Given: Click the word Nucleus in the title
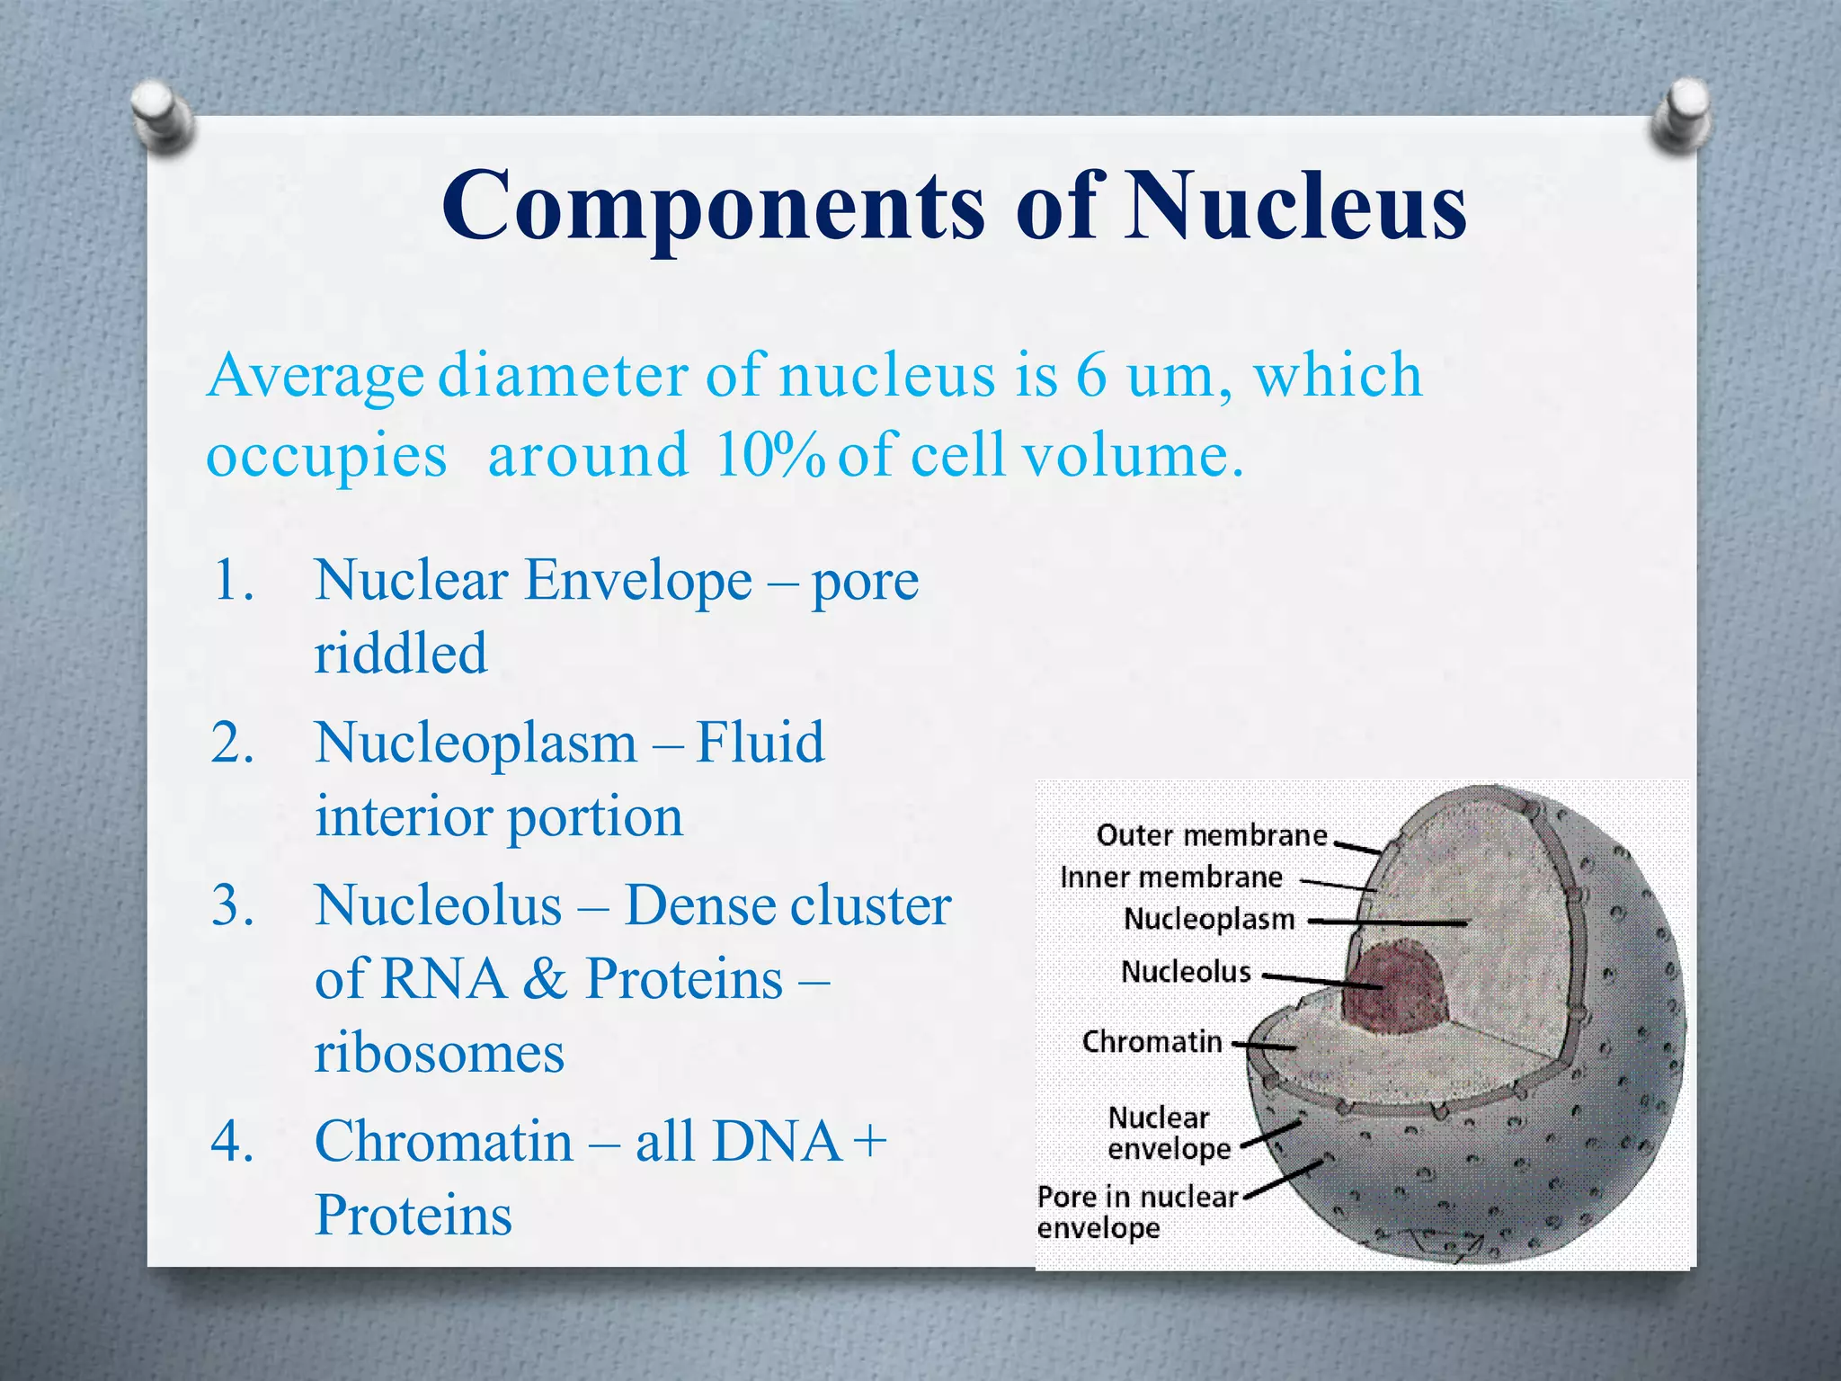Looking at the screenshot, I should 1296,207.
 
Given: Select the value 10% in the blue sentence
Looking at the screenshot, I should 770,456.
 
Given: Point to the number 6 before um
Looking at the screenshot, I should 1090,376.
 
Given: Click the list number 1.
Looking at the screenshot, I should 233,581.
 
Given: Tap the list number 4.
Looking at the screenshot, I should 233,1142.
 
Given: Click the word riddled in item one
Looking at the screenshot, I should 401,654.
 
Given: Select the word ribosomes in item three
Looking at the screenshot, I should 439,1053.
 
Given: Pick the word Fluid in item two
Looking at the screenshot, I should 760,744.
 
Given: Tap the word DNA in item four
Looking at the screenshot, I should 777,1142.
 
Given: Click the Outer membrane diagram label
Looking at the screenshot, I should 1211,836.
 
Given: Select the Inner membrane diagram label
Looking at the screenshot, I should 1170,878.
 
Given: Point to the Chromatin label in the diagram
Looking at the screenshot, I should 1152,1042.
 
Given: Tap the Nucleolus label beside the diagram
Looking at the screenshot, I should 1186,972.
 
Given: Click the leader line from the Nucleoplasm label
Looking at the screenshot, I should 1389,922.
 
